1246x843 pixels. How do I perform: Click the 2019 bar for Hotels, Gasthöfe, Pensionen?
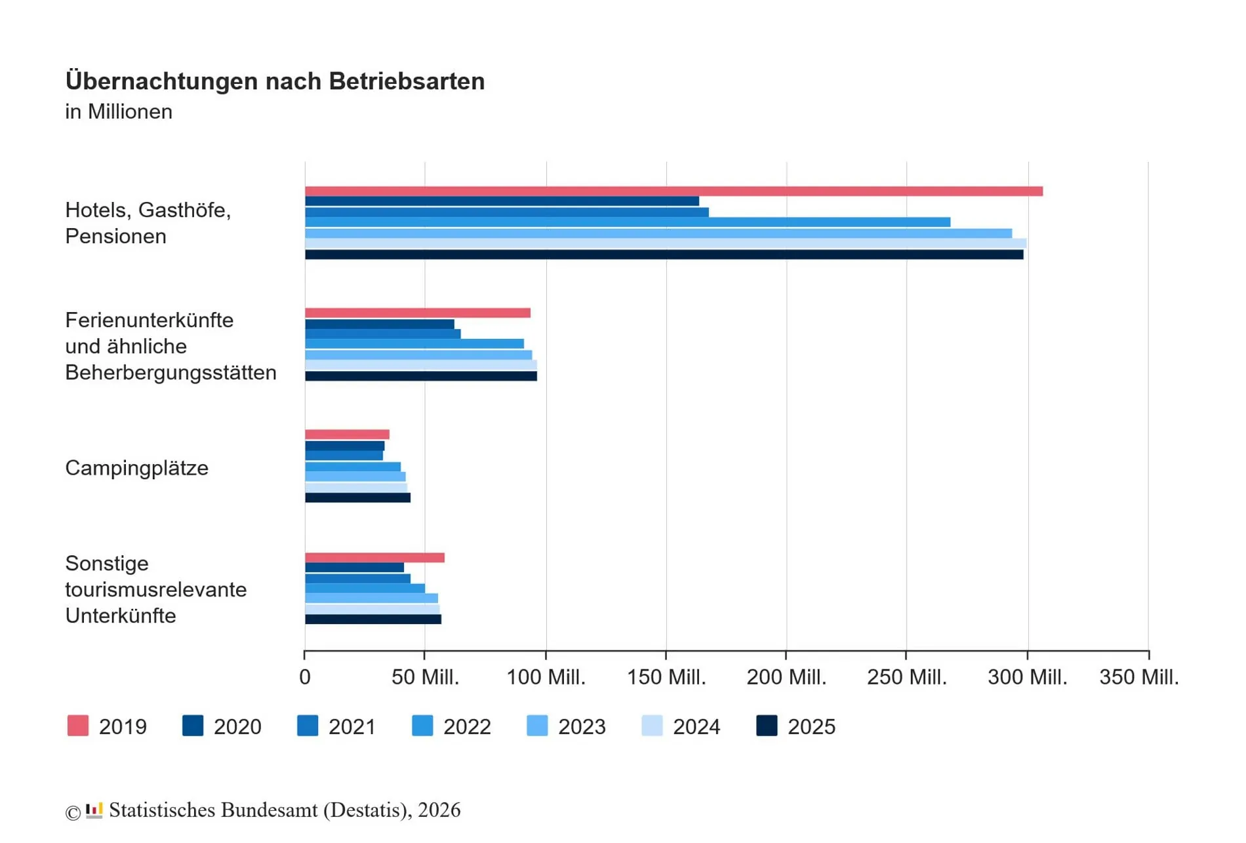point(673,191)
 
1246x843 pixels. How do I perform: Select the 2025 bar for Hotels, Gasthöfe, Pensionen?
point(664,254)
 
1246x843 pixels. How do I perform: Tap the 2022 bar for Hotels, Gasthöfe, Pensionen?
point(627,222)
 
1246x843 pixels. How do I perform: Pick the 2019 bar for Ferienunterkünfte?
point(417,313)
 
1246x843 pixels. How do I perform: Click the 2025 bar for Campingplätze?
point(357,498)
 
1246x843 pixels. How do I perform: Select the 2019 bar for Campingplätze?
point(347,435)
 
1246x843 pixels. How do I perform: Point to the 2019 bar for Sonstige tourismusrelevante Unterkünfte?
point(374,558)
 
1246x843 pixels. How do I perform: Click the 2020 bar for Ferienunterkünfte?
point(379,324)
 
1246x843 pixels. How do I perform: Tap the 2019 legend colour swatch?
point(78,726)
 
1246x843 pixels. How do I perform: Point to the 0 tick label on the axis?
point(305,677)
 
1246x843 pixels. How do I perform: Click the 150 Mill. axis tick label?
point(666,677)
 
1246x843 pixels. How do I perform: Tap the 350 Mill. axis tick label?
point(1138,677)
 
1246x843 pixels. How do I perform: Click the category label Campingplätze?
point(136,468)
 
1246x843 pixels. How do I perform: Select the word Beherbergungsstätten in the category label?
point(171,372)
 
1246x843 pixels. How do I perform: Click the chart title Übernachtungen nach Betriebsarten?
point(275,81)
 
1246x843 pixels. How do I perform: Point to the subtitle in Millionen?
point(119,111)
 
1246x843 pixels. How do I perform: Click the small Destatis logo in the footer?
point(94,810)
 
